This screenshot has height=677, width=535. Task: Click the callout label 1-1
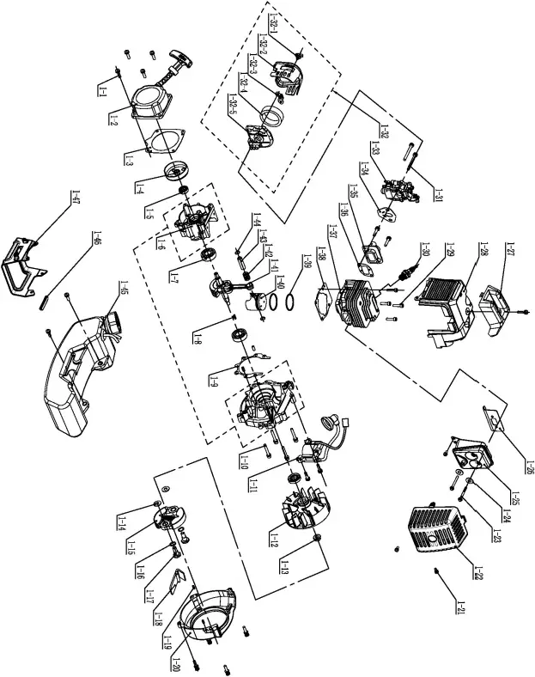(x=102, y=88)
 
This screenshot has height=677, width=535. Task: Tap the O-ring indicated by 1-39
(x=290, y=302)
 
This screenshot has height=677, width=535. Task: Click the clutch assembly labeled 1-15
(x=166, y=518)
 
